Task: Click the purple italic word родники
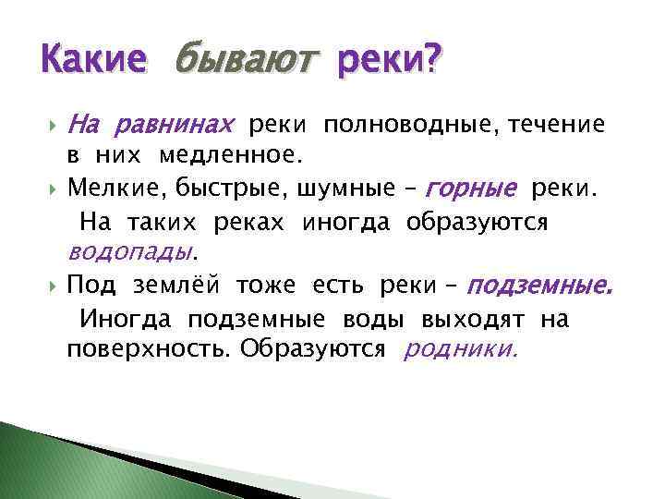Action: [461, 350]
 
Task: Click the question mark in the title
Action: [431, 63]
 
